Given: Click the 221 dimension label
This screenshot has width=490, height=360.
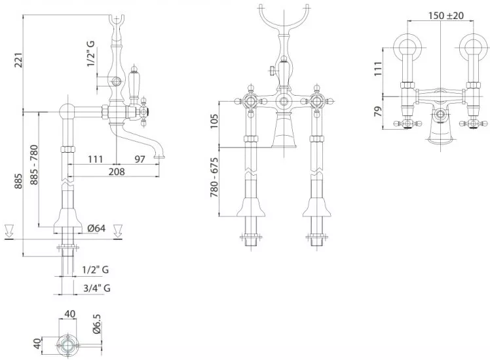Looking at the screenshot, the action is pyautogui.click(x=18, y=60).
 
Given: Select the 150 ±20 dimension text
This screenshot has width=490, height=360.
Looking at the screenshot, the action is pyautogui.click(x=446, y=15).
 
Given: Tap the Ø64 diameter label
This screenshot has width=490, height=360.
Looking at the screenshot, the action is pyautogui.click(x=96, y=228).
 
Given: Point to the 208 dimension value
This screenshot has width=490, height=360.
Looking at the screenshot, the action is pyautogui.click(x=117, y=171).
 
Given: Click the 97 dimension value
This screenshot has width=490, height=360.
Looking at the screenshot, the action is pyautogui.click(x=140, y=159).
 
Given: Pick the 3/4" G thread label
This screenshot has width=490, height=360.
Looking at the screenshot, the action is pyautogui.click(x=97, y=288).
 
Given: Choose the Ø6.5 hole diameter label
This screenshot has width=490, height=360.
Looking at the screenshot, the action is pyautogui.click(x=97, y=324).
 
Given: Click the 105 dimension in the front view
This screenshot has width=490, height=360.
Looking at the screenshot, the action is pyautogui.click(x=214, y=121).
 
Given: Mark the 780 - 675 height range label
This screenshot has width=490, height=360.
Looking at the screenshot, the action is pyautogui.click(x=214, y=177).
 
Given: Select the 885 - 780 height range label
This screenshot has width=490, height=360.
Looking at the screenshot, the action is pyautogui.click(x=34, y=165).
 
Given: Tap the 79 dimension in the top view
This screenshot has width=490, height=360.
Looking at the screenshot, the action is pyautogui.click(x=378, y=111).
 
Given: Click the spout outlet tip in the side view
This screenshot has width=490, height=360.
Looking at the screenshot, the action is pyautogui.click(x=160, y=156).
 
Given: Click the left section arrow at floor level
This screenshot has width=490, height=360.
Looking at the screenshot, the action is pyautogui.click(x=9, y=230).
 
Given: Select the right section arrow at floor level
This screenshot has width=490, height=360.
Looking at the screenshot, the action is pyautogui.click(x=118, y=230).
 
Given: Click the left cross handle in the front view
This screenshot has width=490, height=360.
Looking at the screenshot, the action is pyautogui.click(x=251, y=101).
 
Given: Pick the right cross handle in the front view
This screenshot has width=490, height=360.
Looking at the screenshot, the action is pyautogui.click(x=316, y=101).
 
